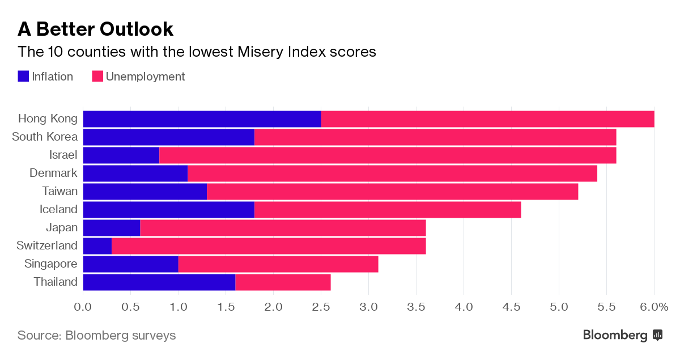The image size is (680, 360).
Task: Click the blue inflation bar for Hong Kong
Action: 202,119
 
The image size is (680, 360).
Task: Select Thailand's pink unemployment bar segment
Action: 283,282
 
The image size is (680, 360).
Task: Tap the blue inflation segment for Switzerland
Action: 97,246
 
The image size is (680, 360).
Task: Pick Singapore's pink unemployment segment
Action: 278,264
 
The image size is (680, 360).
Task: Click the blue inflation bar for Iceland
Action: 169,210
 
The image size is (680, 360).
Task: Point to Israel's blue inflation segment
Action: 121,155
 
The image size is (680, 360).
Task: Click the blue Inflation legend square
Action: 23,77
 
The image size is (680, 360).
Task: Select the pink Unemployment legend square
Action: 97,77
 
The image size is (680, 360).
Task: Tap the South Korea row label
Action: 45,137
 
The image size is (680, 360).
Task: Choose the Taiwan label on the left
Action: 60,191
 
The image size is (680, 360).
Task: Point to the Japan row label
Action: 62,227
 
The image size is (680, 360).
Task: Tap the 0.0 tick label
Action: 83,307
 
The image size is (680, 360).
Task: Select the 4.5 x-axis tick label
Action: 511,307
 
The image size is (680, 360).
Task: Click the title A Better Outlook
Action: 95,28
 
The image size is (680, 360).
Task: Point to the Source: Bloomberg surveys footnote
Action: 96,335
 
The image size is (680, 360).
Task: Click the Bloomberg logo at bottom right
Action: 622,335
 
